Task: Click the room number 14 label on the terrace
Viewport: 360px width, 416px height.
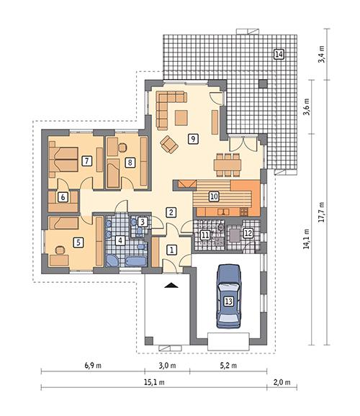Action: pyautogui.click(x=278, y=55)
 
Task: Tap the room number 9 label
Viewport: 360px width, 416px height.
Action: pyautogui.click(x=192, y=139)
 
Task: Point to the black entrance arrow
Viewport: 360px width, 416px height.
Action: pyautogui.click(x=170, y=286)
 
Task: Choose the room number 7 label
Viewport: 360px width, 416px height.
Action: pyautogui.click(x=86, y=160)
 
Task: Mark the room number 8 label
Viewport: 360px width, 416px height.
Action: pyautogui.click(x=130, y=163)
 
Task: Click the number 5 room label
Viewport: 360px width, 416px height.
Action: pyautogui.click(x=78, y=243)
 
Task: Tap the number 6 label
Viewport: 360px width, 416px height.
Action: pyautogui.click(x=63, y=196)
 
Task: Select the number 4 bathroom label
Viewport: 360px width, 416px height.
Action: pyautogui.click(x=121, y=240)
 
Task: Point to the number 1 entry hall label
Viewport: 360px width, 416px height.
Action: pyautogui.click(x=171, y=250)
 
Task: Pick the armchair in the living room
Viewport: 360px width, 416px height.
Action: pyautogui.click(x=169, y=144)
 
